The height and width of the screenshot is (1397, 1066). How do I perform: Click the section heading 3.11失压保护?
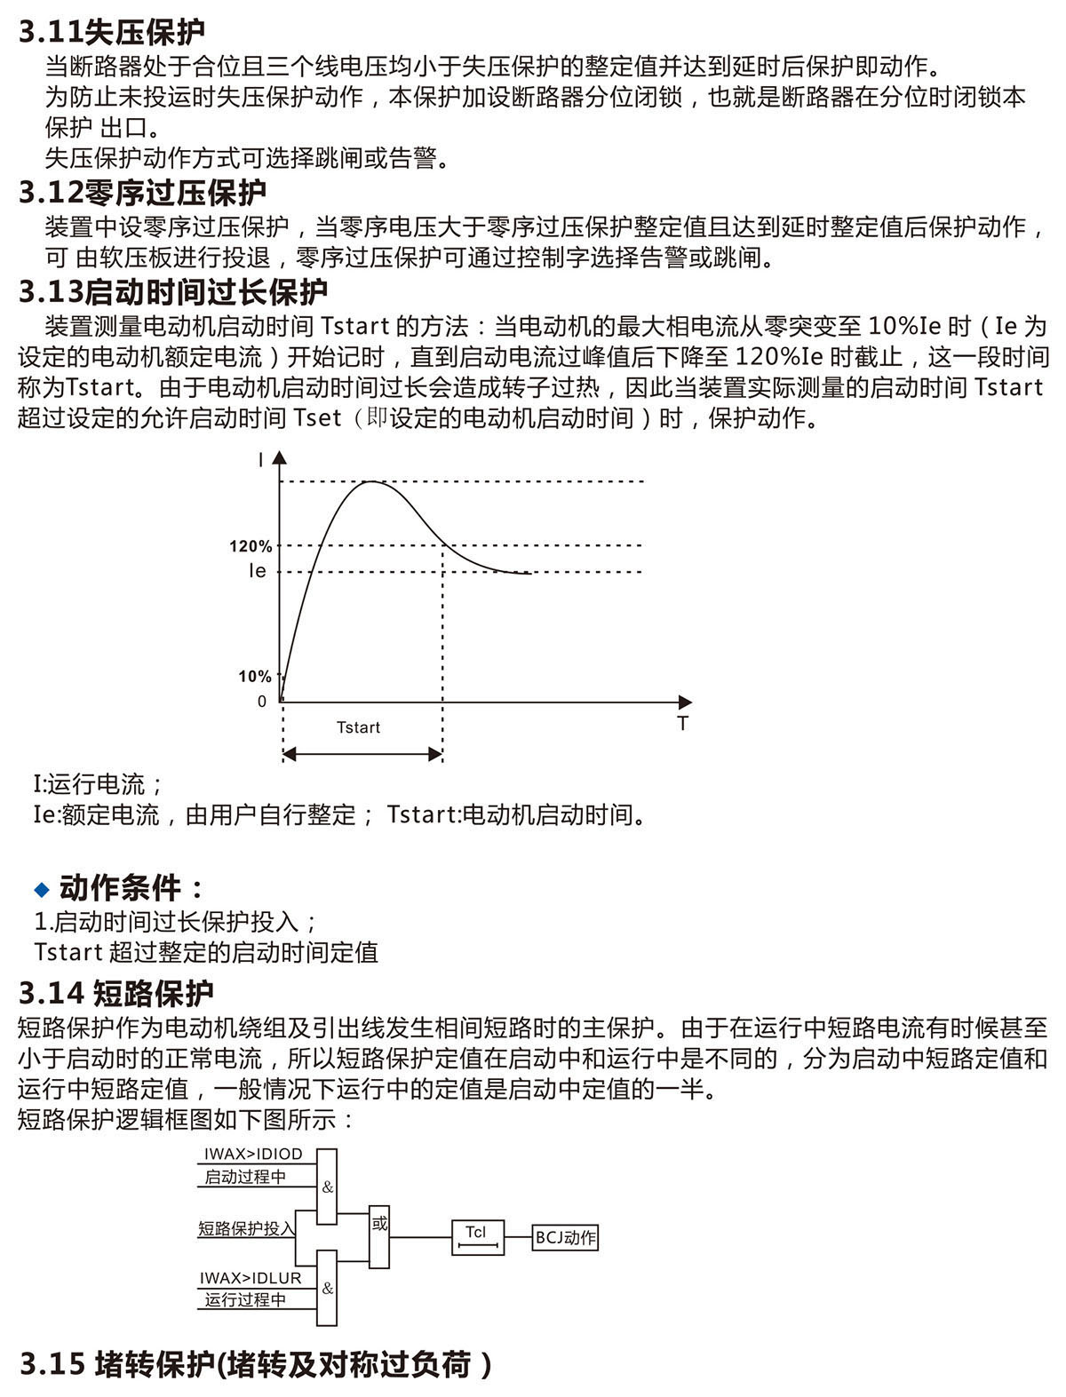[112, 32]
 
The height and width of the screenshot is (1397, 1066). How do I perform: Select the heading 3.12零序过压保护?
[142, 192]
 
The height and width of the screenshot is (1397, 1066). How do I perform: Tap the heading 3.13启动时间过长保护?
[173, 291]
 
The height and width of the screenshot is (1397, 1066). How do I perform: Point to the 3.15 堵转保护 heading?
[256, 1363]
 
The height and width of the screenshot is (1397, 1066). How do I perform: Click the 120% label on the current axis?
[251, 546]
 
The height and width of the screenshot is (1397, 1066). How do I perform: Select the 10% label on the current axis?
[254, 677]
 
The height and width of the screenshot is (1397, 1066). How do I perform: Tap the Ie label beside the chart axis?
[257, 571]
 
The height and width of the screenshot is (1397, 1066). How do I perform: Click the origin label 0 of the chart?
[262, 702]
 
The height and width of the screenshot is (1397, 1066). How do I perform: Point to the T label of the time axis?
[682, 724]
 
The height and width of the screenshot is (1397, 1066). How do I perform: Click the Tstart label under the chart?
[358, 727]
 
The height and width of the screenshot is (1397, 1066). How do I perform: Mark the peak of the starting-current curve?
[370, 481]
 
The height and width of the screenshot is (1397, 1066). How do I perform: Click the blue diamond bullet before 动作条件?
[41, 889]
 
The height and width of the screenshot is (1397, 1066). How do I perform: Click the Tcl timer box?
[478, 1236]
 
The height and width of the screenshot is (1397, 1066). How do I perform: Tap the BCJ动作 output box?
[566, 1238]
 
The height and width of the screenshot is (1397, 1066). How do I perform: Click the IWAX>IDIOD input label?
[253, 1154]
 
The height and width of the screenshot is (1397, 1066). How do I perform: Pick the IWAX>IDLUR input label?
[251, 1278]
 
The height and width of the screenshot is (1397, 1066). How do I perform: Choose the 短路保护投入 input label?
[246, 1229]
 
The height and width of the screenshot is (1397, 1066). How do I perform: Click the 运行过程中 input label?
[245, 1300]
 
